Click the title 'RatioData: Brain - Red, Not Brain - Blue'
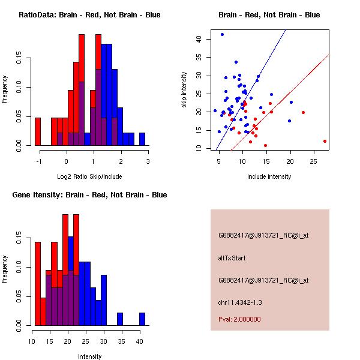click(89, 14)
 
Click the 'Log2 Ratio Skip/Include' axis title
click(89, 176)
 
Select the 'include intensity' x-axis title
click(269, 176)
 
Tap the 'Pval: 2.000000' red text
click(239, 319)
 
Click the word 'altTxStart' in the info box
click(232, 258)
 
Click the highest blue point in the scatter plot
click(222, 35)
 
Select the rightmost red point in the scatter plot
click(325, 142)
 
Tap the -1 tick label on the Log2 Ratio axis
click(39, 161)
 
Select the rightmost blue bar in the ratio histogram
click(142, 139)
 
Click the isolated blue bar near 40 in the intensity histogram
click(142, 319)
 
